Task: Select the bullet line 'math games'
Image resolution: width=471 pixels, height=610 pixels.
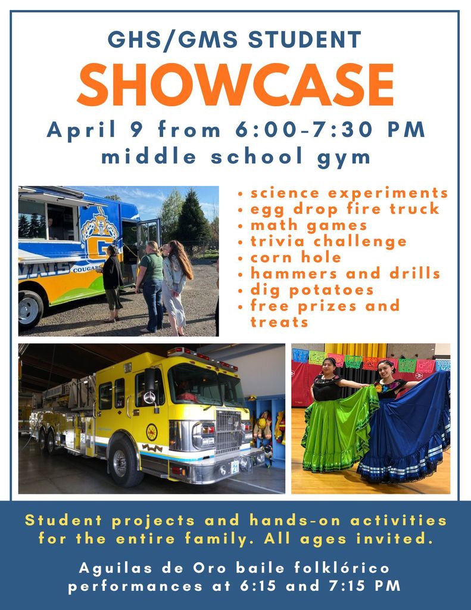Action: [308, 225]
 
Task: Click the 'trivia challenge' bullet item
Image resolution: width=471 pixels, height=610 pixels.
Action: [329, 241]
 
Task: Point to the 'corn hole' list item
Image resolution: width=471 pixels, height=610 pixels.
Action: [296, 257]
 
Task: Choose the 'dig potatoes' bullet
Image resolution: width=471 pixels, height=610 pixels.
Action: [312, 290]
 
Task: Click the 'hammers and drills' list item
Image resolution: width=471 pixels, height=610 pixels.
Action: [345, 273]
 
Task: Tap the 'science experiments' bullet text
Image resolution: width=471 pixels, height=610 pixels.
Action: [349, 193]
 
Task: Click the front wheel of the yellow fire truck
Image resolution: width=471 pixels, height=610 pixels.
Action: [126, 461]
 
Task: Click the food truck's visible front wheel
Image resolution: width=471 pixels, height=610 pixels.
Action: [30, 308]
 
